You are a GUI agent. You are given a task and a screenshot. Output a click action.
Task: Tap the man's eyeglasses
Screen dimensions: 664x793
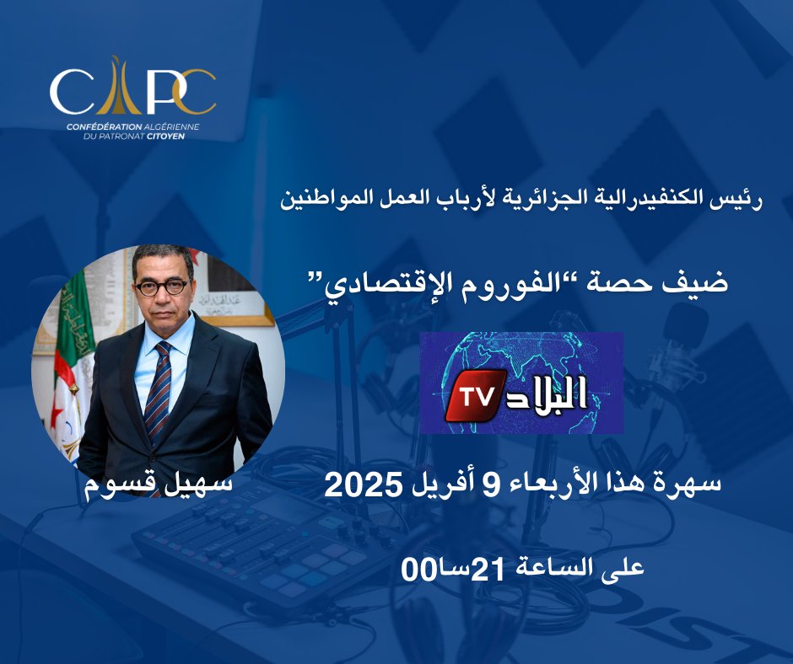(160, 287)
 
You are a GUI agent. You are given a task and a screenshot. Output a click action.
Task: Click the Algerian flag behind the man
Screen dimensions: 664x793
(63, 362)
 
